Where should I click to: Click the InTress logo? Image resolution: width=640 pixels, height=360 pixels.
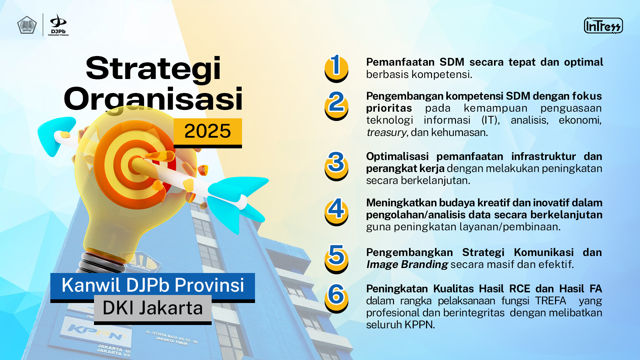[x=603, y=26]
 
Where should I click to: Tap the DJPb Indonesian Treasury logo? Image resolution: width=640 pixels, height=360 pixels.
[x=58, y=25]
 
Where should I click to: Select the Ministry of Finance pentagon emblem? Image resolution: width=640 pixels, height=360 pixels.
[x=27, y=25]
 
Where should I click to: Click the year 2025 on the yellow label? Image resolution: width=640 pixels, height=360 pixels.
[x=207, y=131]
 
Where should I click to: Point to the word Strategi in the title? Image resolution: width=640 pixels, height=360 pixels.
[x=153, y=68]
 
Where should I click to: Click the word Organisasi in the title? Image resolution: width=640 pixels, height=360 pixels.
[x=153, y=99]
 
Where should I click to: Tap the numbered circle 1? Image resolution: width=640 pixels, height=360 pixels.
[x=336, y=68]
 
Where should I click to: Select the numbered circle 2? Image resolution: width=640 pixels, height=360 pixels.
[x=336, y=106]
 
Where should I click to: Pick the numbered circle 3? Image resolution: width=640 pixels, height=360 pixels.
[x=336, y=166]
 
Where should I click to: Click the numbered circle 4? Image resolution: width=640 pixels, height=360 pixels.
[x=336, y=212]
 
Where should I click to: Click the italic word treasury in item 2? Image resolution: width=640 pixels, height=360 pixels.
[x=386, y=133]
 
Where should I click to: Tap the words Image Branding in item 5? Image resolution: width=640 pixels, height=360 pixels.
[x=407, y=265]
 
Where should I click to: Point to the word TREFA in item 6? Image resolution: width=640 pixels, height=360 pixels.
[x=551, y=301]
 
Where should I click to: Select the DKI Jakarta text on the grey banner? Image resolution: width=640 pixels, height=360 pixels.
[x=153, y=308]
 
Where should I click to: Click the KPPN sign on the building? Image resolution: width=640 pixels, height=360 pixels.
[x=96, y=331]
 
